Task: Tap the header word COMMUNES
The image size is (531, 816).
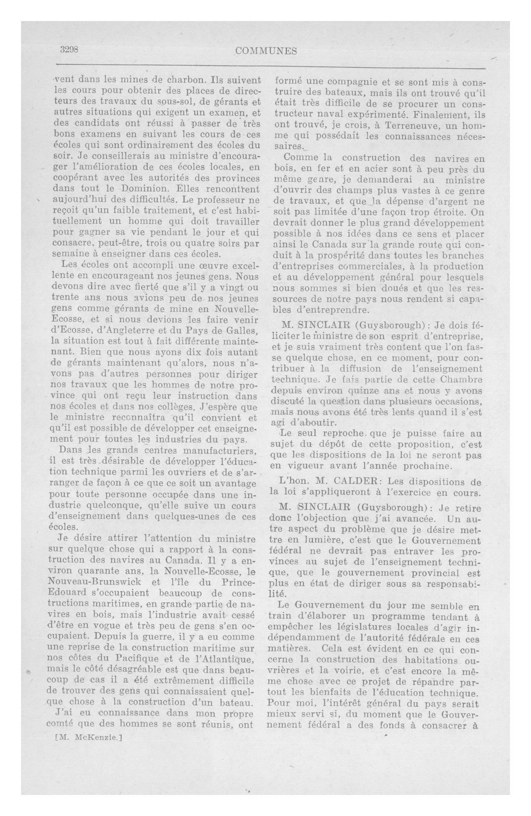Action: [x=266, y=51]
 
